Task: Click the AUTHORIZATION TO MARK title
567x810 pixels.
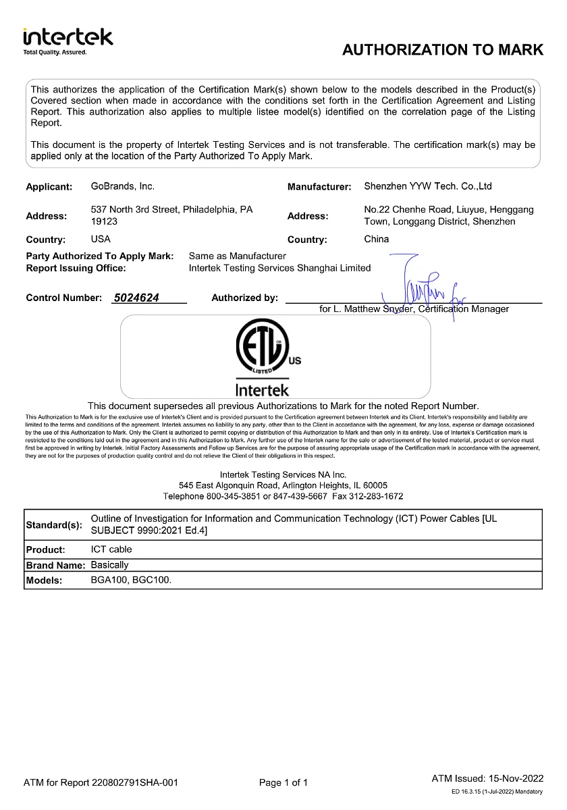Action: [442, 49]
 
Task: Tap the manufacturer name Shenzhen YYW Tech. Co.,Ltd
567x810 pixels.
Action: [428, 186]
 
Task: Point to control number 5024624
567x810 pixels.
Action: [137, 298]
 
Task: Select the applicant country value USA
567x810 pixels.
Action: [101, 239]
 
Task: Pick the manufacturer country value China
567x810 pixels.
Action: [377, 239]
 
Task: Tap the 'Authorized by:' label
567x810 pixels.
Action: [244, 298]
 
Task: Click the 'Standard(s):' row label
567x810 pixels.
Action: [53, 525]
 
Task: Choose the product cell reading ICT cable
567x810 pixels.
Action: [111, 549]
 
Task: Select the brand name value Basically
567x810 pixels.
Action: [109, 565]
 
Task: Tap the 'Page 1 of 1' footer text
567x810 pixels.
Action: [283, 783]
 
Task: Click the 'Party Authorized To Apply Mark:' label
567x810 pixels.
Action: [99, 256]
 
